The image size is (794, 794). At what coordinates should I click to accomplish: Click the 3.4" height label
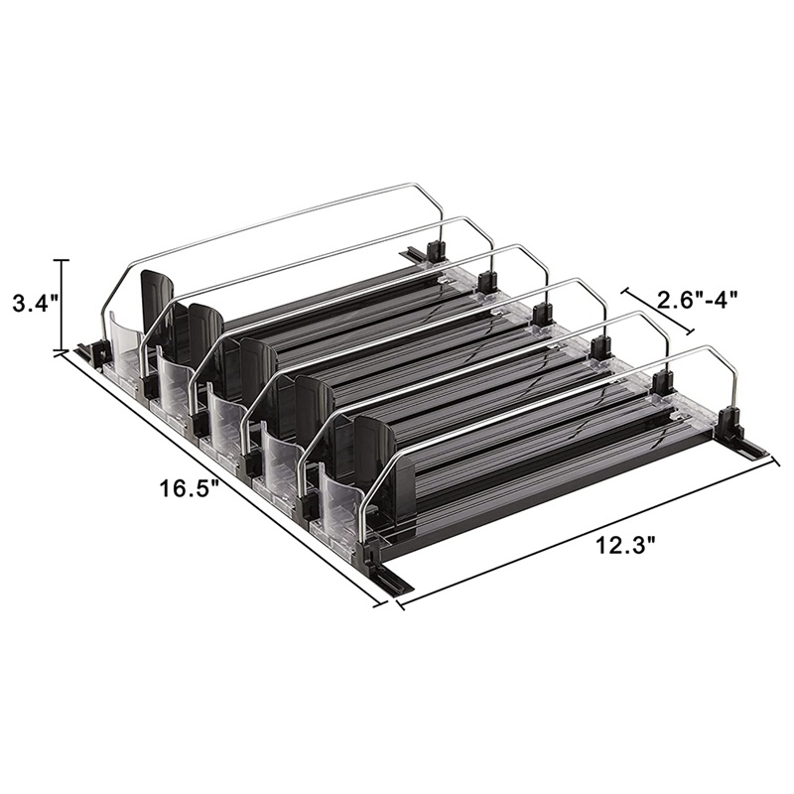point(36,304)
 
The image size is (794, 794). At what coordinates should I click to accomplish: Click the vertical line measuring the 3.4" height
point(63,305)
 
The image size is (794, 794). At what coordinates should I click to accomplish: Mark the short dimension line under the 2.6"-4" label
point(658,312)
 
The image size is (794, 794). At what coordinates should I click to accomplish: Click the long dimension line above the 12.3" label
point(588,531)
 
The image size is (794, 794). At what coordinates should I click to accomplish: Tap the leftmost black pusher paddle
point(157,302)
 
